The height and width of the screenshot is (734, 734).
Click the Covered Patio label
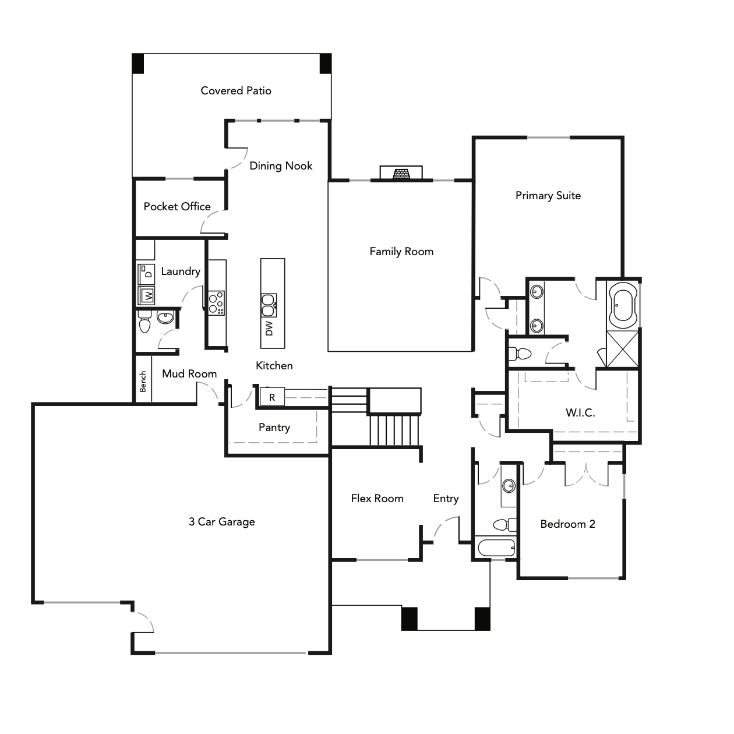[236, 90]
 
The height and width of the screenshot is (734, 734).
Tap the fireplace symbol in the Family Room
[401, 174]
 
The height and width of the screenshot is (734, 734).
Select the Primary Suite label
[548, 196]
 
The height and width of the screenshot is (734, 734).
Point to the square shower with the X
[622, 349]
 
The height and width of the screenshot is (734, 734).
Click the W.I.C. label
[580, 413]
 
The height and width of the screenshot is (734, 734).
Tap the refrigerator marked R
[272, 397]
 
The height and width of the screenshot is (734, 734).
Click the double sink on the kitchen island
[269, 302]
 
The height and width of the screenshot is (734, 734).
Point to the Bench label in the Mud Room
[143, 382]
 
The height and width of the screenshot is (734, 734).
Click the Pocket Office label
[177, 207]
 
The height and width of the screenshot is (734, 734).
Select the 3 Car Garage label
[221, 522]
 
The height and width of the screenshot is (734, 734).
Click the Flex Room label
[377, 499]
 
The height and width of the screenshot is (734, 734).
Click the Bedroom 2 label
[567, 524]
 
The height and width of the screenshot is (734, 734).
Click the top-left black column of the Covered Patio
[137, 63]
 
